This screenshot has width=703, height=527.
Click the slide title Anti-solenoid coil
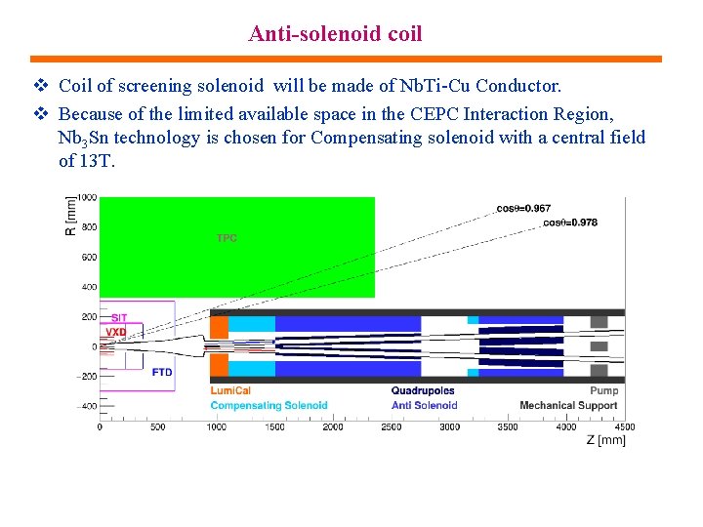[335, 34]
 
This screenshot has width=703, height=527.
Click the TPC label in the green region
[226, 238]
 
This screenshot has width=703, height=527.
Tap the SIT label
[119, 317]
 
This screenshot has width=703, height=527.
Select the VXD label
[116, 332]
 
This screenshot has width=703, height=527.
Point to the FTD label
[162, 372]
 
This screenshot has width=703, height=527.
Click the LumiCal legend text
[230, 391]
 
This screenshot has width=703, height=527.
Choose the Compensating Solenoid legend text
[269, 405]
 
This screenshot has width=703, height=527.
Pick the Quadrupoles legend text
[423, 391]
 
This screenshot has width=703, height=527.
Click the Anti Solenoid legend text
[424, 405]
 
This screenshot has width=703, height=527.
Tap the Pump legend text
[603, 391]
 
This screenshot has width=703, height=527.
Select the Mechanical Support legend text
[568, 405]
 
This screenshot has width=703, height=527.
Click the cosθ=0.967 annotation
[522, 208]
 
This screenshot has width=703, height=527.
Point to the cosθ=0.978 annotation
[569, 223]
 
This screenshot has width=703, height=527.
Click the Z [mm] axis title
[605, 441]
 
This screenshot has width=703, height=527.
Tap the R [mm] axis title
[70, 218]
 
